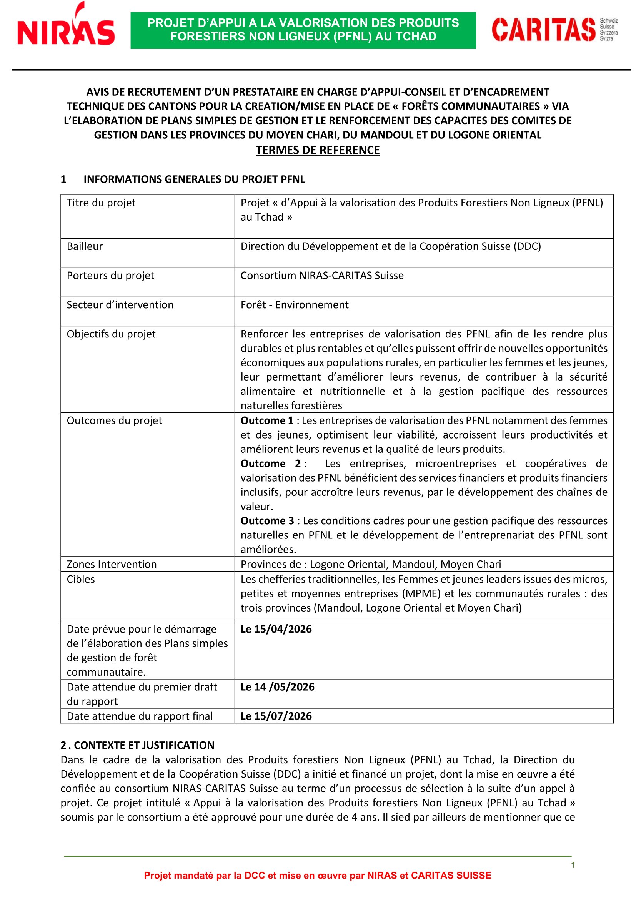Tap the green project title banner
click(x=303, y=30)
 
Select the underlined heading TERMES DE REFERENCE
click(x=318, y=150)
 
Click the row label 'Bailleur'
click(x=85, y=246)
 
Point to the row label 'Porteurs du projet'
click(x=110, y=276)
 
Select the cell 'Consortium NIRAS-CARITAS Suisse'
click(x=322, y=276)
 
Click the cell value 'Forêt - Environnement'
click(x=295, y=305)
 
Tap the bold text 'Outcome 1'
click(x=267, y=420)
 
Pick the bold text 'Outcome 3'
click(x=267, y=521)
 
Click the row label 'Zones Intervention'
click(x=112, y=564)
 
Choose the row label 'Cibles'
click(x=81, y=579)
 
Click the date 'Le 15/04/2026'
click(x=276, y=629)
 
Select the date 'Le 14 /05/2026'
click(x=277, y=687)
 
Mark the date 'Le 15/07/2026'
click(x=276, y=716)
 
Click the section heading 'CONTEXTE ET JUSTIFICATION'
click(x=144, y=745)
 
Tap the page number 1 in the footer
click(x=573, y=865)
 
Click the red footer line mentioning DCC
click(x=318, y=876)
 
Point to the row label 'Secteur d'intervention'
click(x=120, y=305)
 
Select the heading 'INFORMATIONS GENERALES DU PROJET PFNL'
click(x=194, y=179)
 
